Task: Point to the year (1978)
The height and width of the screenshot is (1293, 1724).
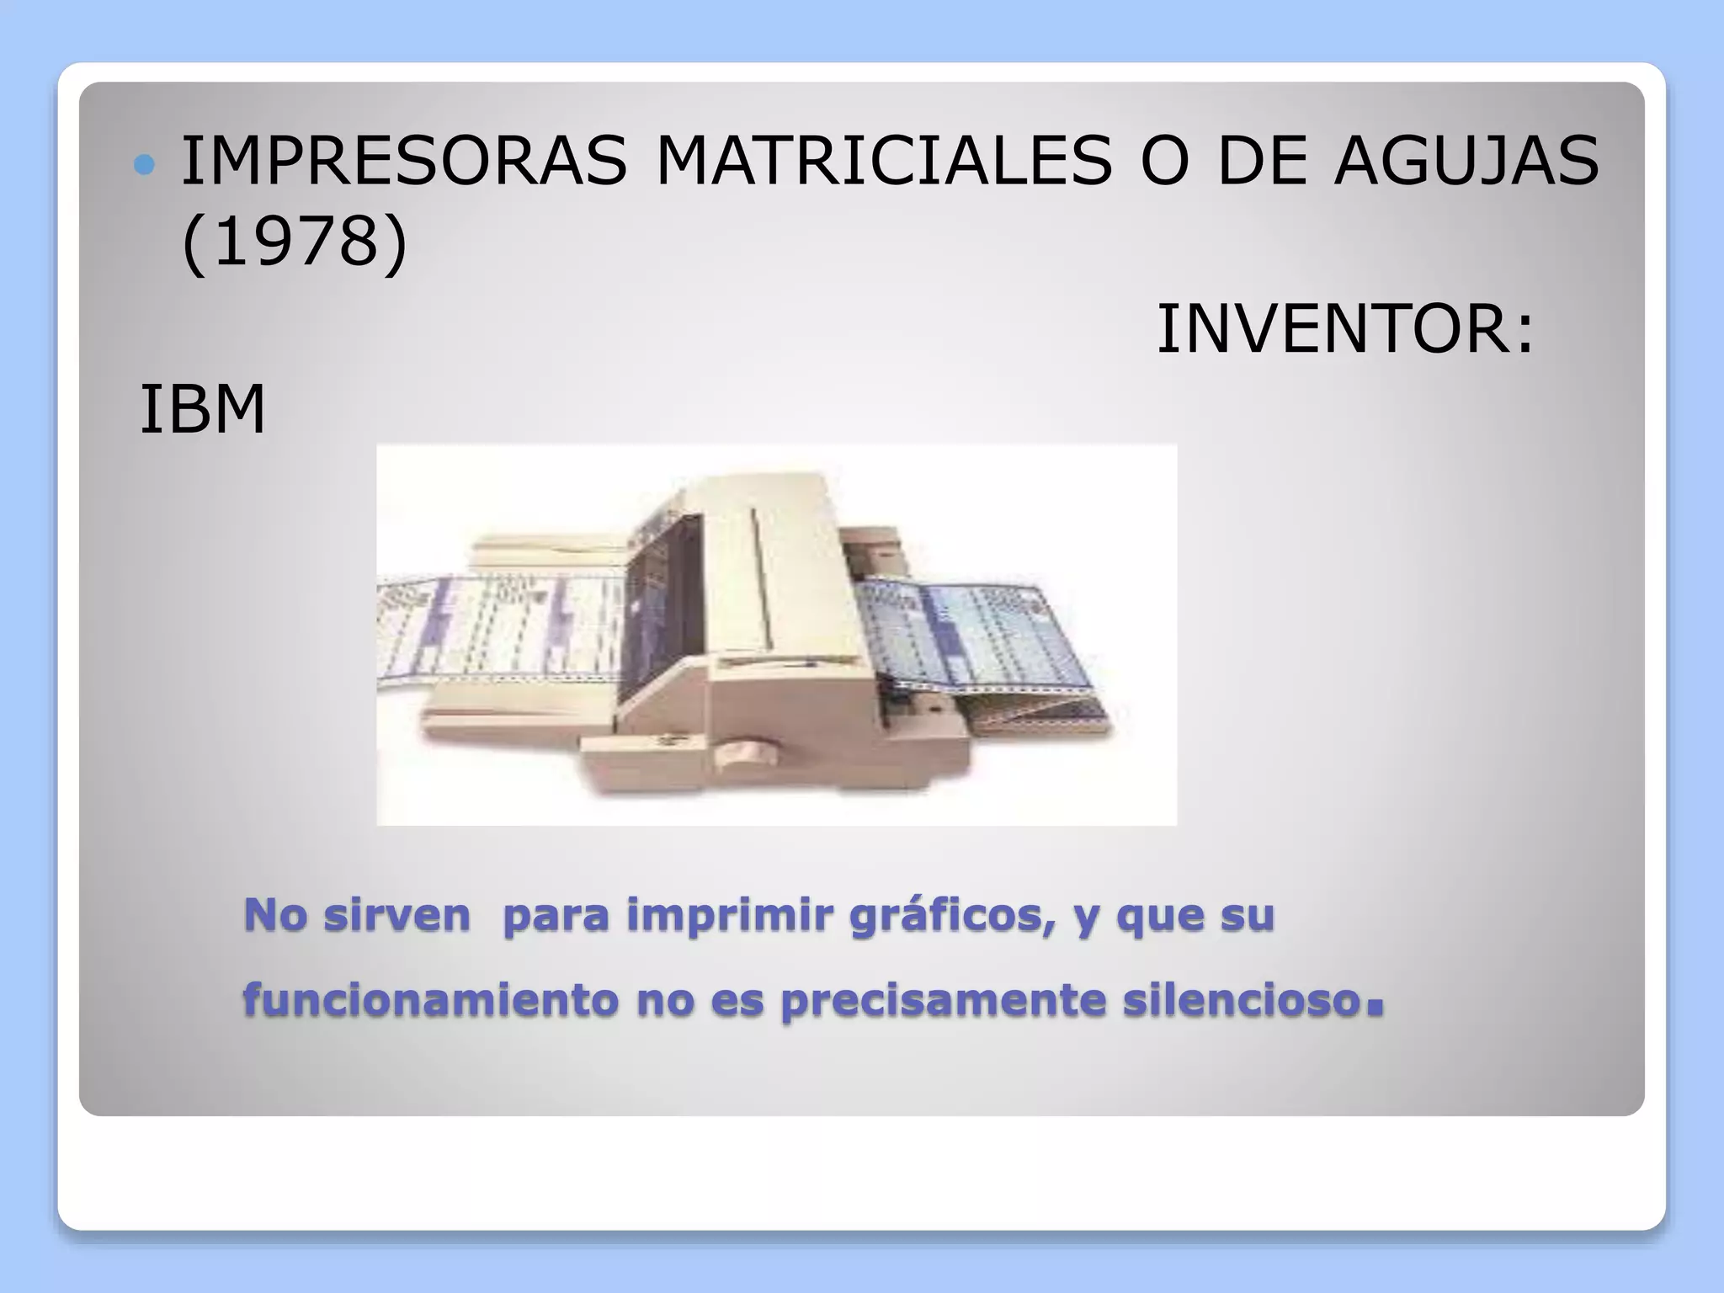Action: [x=295, y=242]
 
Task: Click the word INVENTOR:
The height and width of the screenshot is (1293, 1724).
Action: [x=1345, y=328]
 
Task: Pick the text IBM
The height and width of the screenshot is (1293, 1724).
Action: [x=202, y=410]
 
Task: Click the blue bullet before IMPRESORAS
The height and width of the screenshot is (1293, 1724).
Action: [x=145, y=165]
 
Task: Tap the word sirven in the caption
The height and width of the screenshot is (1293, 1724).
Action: [x=396, y=915]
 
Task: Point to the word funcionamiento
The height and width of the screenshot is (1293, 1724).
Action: [x=430, y=1000]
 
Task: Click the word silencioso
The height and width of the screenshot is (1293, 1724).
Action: [x=1242, y=1000]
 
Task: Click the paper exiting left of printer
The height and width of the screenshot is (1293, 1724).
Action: [x=497, y=631]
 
